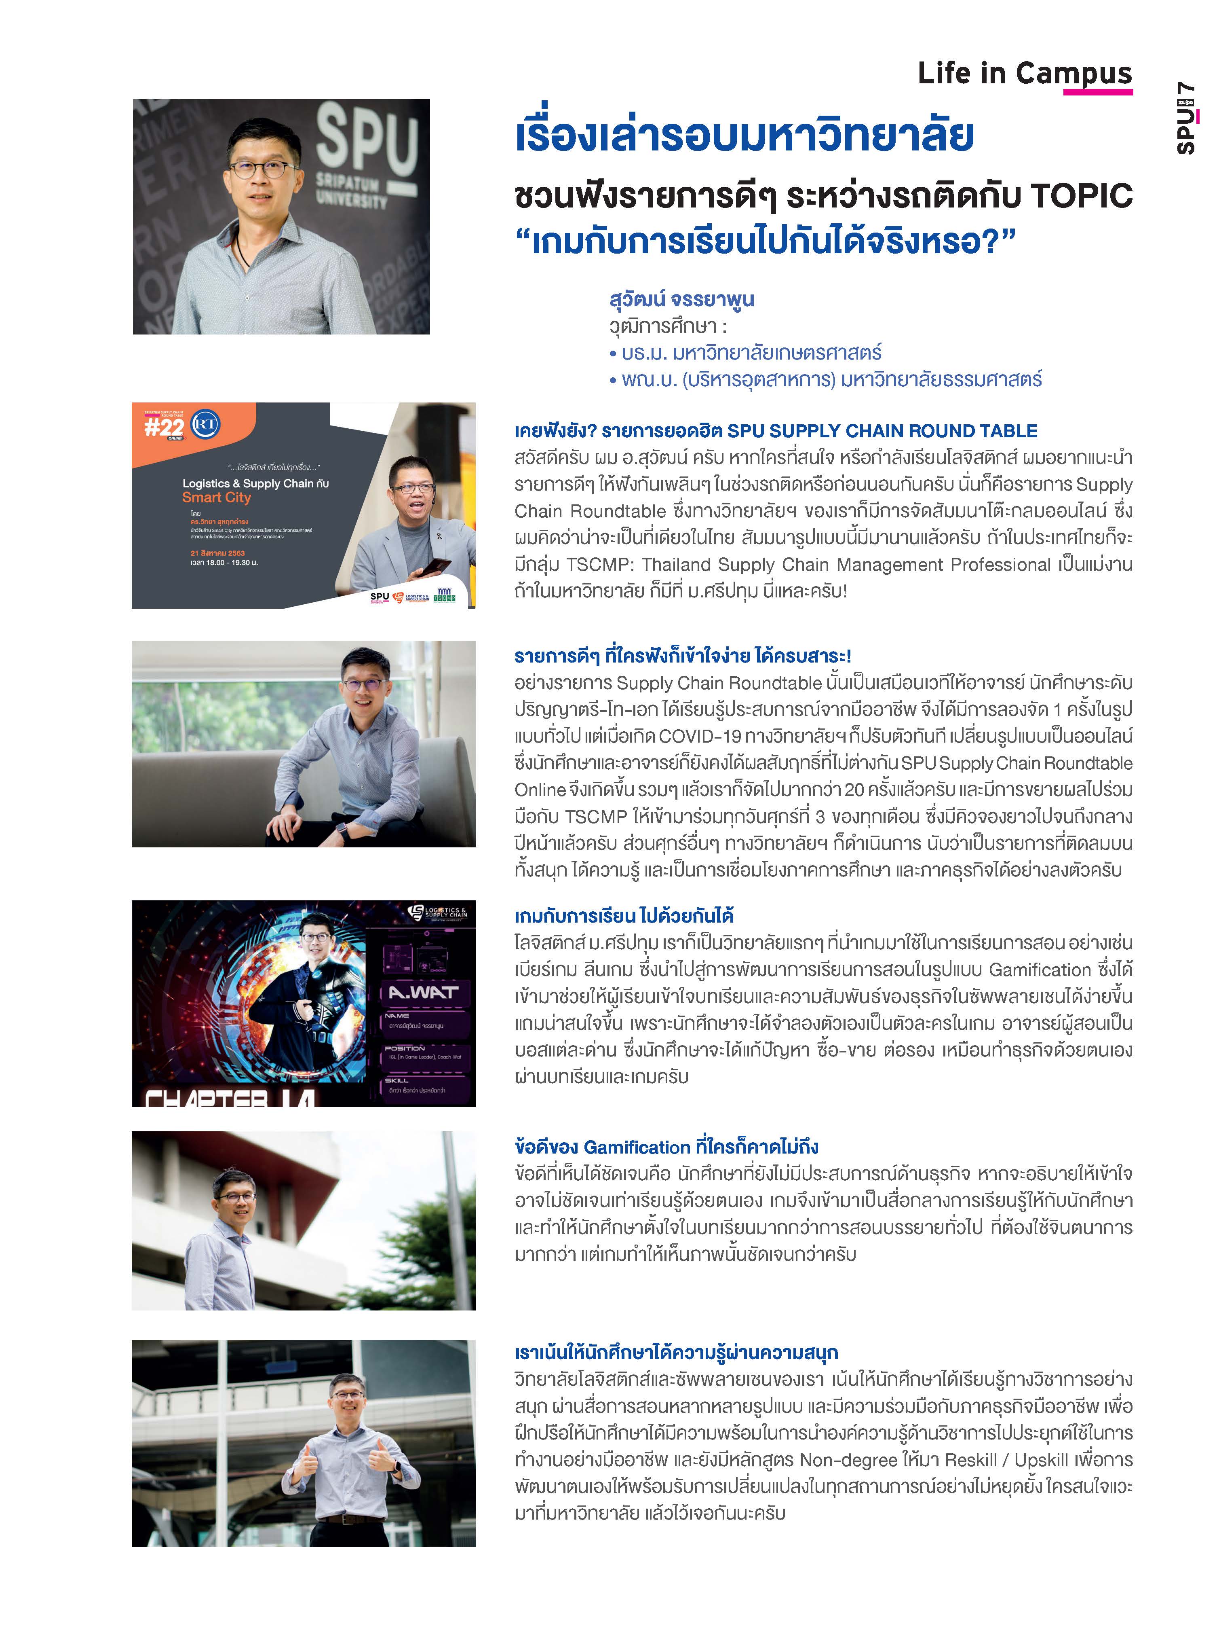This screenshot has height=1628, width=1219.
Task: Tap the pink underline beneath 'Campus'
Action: (x=1098, y=92)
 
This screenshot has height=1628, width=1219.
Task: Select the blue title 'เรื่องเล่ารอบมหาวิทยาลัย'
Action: (x=744, y=137)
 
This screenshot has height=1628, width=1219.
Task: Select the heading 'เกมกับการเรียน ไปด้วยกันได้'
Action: (x=624, y=916)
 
